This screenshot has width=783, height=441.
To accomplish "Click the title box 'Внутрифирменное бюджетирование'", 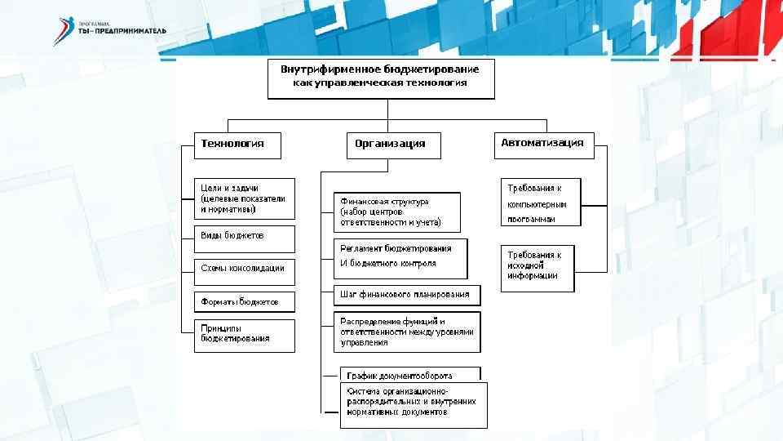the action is coord(381,77).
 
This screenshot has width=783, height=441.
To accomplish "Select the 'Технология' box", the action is coord(237,145).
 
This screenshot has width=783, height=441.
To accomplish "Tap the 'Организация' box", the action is coord(392,145).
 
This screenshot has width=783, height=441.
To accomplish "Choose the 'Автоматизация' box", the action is coord(542,145).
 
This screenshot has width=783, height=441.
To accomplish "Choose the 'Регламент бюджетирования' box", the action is coord(400,258).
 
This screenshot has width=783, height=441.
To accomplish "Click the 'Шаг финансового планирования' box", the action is coord(406,295).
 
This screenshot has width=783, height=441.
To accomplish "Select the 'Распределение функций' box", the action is coord(406,332).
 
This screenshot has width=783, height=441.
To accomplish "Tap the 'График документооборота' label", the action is coord(400,375).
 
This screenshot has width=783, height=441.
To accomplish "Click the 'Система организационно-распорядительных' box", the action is coord(413,403).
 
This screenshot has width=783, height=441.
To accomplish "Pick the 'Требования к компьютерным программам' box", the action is coord(540,203).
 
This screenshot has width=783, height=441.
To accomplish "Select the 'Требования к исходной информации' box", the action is coord(537,266).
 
